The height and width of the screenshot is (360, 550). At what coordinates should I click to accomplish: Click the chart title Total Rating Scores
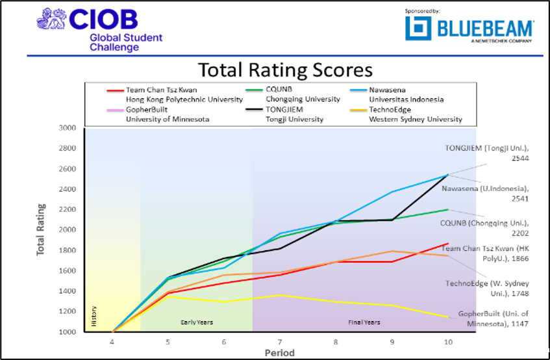pos(285,70)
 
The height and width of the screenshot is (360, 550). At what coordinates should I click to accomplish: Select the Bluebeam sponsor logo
pos(469,29)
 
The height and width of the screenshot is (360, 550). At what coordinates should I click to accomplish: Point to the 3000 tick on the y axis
pos(68,128)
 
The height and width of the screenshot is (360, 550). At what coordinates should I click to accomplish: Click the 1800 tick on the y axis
pos(68,250)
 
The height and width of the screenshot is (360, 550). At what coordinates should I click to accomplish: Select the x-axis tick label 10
pos(447,341)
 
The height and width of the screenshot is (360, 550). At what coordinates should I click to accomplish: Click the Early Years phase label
pos(196,322)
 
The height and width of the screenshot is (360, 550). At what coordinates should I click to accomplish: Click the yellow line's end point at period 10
pos(447,317)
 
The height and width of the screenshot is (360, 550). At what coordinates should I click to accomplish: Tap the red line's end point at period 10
pos(447,244)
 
